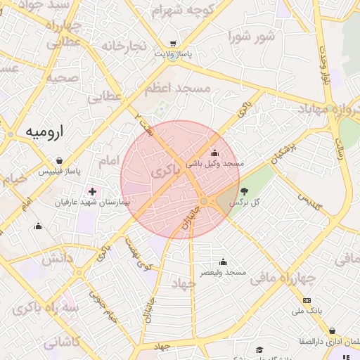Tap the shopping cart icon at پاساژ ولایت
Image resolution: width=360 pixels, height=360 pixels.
coord(173,43)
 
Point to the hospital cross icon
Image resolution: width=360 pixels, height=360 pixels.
coord(93,191)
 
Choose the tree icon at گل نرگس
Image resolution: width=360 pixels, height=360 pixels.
coord(244,191)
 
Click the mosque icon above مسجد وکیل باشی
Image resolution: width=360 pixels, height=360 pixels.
coord(214,153)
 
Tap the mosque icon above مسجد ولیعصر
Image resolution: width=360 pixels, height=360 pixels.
coord(223,262)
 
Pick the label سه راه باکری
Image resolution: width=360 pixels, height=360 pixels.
coord(41,308)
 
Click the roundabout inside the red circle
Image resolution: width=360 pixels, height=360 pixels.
coord(204,201)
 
